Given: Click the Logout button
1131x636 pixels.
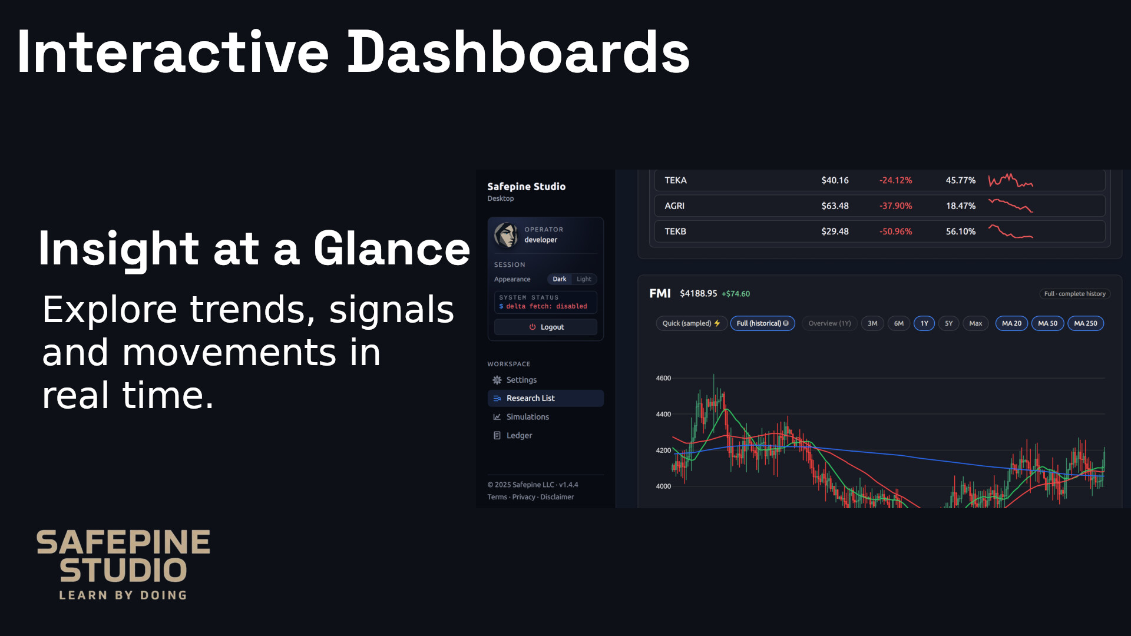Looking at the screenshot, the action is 545,327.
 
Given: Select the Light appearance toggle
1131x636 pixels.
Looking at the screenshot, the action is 584,279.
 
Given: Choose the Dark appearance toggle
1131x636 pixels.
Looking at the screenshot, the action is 559,279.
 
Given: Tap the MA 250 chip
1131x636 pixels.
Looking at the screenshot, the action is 1086,323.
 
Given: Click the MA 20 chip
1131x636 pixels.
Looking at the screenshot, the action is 1011,323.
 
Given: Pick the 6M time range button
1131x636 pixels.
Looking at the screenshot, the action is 898,323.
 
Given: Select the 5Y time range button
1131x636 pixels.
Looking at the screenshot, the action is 948,323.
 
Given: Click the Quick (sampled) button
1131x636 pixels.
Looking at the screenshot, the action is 692,323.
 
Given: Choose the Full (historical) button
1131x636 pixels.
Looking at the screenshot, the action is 762,323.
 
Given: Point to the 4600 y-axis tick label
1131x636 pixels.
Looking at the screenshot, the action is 663,378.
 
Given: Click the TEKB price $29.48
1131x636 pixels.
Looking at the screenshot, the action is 835,231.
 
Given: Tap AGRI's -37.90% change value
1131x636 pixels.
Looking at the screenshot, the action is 895,206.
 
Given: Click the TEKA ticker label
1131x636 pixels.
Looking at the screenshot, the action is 676,180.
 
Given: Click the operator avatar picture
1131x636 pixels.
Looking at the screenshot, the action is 506,234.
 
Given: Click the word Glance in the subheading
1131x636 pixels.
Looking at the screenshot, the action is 392,249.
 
